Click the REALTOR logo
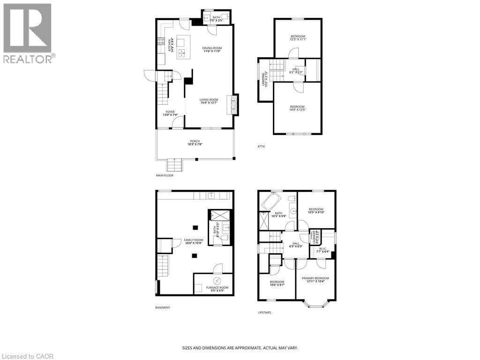(28, 33)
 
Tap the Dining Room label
(212, 50)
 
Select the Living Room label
(209, 101)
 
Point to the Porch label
(195, 143)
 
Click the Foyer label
(170, 113)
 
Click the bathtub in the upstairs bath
(270, 202)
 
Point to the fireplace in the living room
(232, 104)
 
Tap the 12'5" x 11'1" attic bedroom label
(298, 38)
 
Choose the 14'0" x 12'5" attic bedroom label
(297, 108)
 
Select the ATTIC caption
(261, 147)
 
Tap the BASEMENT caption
(163, 307)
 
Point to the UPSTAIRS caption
(264, 313)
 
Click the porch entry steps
(174, 165)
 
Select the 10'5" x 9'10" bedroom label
(316, 211)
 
